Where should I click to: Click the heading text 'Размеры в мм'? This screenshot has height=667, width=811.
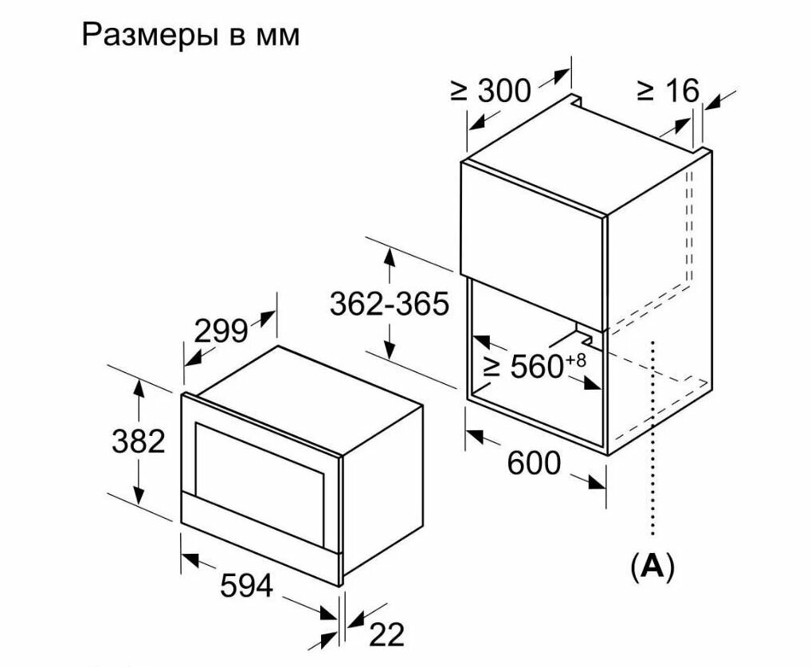190,36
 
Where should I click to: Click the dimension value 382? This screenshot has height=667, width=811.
138,441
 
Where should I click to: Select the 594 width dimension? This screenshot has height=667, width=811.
246,587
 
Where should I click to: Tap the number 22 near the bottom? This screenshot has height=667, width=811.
387,635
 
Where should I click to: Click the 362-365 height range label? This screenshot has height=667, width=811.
390,304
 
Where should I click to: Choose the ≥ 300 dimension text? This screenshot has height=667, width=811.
491,91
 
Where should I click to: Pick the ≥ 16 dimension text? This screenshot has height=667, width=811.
668,91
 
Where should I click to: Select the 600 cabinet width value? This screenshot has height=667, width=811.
534,462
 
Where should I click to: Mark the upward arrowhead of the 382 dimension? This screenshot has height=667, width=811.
139,386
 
